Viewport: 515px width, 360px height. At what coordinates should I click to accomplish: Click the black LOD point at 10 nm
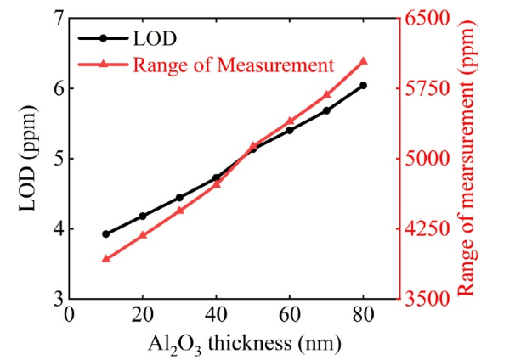pos(105,233)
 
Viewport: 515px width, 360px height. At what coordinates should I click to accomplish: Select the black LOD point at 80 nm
pos(364,85)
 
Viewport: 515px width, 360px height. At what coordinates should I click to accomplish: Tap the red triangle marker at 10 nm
pos(105,258)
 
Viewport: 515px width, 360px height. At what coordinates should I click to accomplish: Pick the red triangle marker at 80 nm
pos(364,61)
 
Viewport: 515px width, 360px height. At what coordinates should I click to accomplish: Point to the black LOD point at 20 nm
pos(143,216)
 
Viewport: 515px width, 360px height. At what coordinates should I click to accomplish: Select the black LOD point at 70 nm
pos(326,110)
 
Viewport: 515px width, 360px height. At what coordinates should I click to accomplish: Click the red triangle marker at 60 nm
pos(290,121)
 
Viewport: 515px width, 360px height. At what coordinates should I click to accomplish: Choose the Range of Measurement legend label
pos(229,64)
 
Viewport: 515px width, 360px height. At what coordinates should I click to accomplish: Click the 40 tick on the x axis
pos(216,315)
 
